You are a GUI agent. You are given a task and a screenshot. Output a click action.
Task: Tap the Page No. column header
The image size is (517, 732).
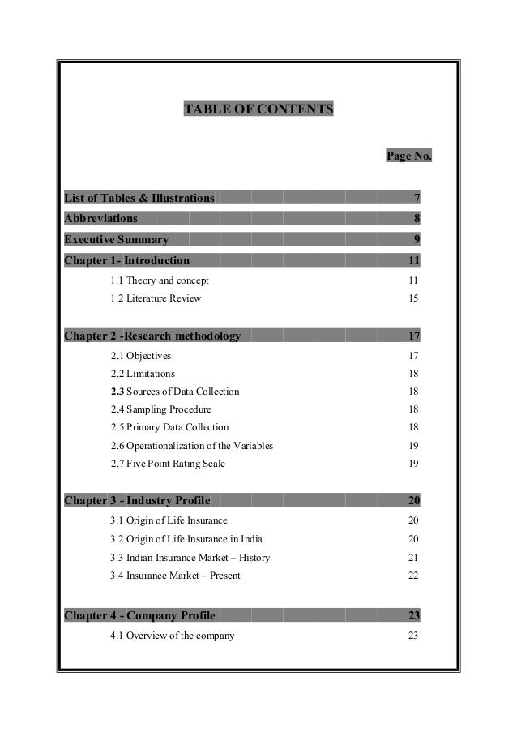408,155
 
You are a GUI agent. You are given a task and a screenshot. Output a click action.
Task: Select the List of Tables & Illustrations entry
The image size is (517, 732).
139,197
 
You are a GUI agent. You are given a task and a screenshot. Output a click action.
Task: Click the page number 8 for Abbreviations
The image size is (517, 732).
416,218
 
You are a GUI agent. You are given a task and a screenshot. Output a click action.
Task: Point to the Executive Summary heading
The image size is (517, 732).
117,239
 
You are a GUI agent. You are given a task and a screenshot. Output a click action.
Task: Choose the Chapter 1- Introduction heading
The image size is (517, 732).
127,260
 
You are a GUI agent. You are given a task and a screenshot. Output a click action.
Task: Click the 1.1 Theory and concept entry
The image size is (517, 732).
159,280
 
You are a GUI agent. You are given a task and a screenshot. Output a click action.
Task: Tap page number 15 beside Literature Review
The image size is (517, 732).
413,298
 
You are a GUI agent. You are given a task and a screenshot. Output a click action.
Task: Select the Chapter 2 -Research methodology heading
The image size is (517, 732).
152,336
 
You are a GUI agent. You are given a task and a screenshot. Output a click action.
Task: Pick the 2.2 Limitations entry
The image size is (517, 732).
142,374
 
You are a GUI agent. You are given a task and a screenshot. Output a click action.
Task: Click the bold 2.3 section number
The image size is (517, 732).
117,392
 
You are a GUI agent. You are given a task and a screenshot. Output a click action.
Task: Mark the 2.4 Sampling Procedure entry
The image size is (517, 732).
160,409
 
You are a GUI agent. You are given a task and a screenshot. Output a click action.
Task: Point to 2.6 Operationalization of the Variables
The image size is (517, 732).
191,446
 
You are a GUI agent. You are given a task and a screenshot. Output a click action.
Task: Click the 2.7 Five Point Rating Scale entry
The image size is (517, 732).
168,464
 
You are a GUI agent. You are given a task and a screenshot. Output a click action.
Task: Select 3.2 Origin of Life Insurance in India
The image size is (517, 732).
186,539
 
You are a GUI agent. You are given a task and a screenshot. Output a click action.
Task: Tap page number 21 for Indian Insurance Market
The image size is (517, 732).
413,558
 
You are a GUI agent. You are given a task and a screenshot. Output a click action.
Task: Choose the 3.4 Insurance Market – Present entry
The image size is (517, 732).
174,576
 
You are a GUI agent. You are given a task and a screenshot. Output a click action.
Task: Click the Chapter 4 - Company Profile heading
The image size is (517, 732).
139,615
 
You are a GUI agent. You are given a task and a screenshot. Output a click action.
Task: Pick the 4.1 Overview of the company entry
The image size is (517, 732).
172,636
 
